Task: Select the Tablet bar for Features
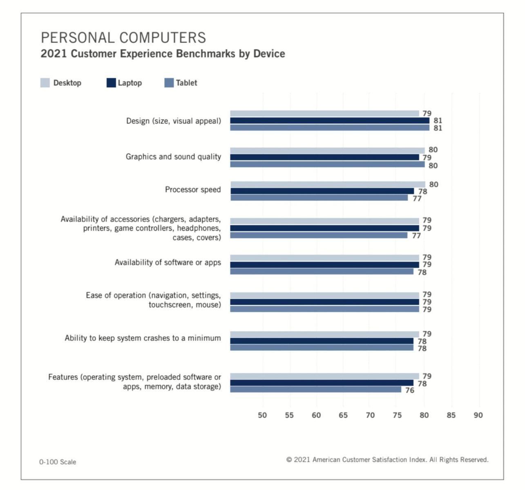click(x=315, y=390)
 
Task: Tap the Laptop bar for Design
click(x=329, y=120)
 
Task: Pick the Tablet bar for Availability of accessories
click(x=319, y=235)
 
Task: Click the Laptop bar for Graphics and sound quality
click(x=324, y=157)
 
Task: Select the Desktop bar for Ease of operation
click(x=324, y=295)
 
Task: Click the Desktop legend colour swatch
click(x=45, y=83)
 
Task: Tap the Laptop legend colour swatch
click(x=111, y=83)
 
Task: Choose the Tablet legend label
click(x=186, y=83)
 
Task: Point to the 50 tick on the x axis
click(x=262, y=415)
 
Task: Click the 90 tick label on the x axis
click(x=478, y=415)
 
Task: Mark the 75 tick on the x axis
click(x=397, y=415)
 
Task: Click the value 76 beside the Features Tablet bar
click(x=410, y=390)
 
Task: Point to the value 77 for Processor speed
click(x=417, y=199)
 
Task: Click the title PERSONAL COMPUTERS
click(x=123, y=38)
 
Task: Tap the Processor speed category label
click(x=193, y=189)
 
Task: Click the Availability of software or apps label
click(x=168, y=263)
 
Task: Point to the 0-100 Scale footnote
click(x=58, y=462)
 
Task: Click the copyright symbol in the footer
click(x=289, y=460)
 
